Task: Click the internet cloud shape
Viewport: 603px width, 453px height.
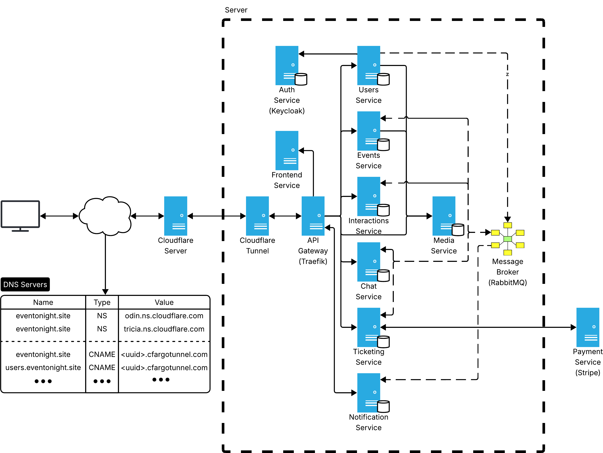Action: pyautogui.click(x=105, y=215)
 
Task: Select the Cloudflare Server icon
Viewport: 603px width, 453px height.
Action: pyautogui.click(x=176, y=216)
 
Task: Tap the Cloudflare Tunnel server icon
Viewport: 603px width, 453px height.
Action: pyautogui.click(x=257, y=216)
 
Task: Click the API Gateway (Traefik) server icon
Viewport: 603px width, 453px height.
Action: pyautogui.click(x=313, y=216)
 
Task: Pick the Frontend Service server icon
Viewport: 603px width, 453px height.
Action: pyautogui.click(x=287, y=150)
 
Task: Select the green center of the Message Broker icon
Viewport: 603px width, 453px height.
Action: pyautogui.click(x=508, y=239)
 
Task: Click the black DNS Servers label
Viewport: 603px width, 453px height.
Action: pyautogui.click(x=25, y=284)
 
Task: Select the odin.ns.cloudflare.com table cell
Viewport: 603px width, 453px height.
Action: pyautogui.click(x=164, y=316)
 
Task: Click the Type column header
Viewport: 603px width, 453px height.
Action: pyautogui.click(x=102, y=302)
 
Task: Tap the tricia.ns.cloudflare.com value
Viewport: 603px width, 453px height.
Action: pyautogui.click(x=164, y=329)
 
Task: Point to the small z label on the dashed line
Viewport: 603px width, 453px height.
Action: pyautogui.click(x=507, y=74)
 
